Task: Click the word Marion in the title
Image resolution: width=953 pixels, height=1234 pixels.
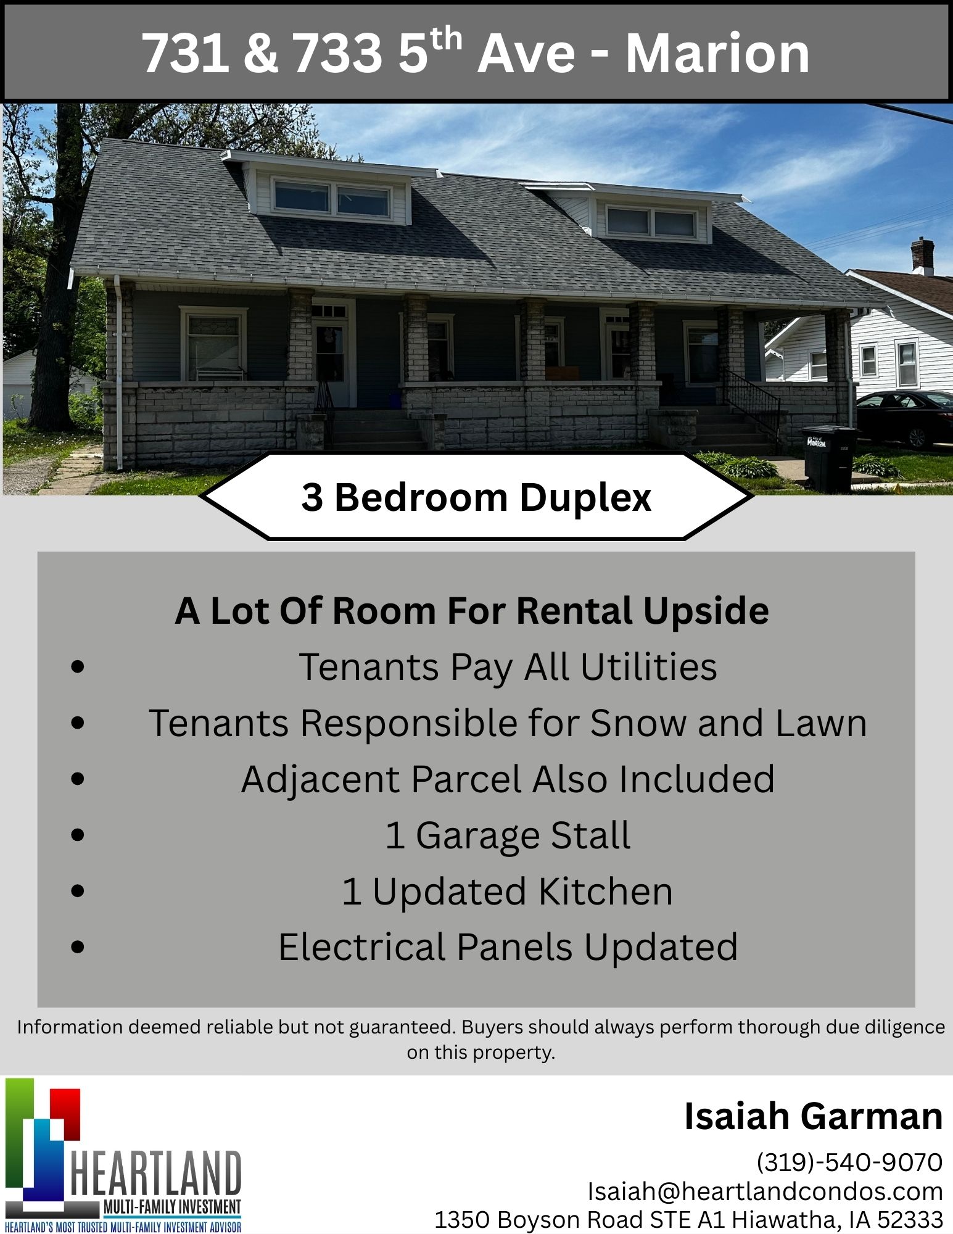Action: tap(717, 54)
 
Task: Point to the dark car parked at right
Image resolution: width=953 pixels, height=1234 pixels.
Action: tap(904, 416)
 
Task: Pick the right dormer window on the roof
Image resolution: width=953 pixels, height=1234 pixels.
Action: tap(651, 221)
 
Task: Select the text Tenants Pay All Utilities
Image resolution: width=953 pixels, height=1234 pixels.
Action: tap(508, 667)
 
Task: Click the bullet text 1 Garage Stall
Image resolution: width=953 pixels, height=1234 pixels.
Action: tap(508, 835)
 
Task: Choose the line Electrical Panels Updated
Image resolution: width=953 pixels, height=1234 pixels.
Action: tap(508, 946)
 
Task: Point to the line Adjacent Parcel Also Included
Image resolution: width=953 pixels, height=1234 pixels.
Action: tap(508, 779)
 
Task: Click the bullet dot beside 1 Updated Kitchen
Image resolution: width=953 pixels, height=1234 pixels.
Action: tap(78, 891)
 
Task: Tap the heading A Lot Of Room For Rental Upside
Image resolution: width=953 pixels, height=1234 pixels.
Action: tap(472, 611)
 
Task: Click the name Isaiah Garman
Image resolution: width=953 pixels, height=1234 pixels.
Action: tap(814, 1116)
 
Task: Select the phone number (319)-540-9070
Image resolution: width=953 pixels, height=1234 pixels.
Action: tap(849, 1162)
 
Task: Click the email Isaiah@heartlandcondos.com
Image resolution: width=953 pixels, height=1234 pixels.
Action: tap(765, 1191)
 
